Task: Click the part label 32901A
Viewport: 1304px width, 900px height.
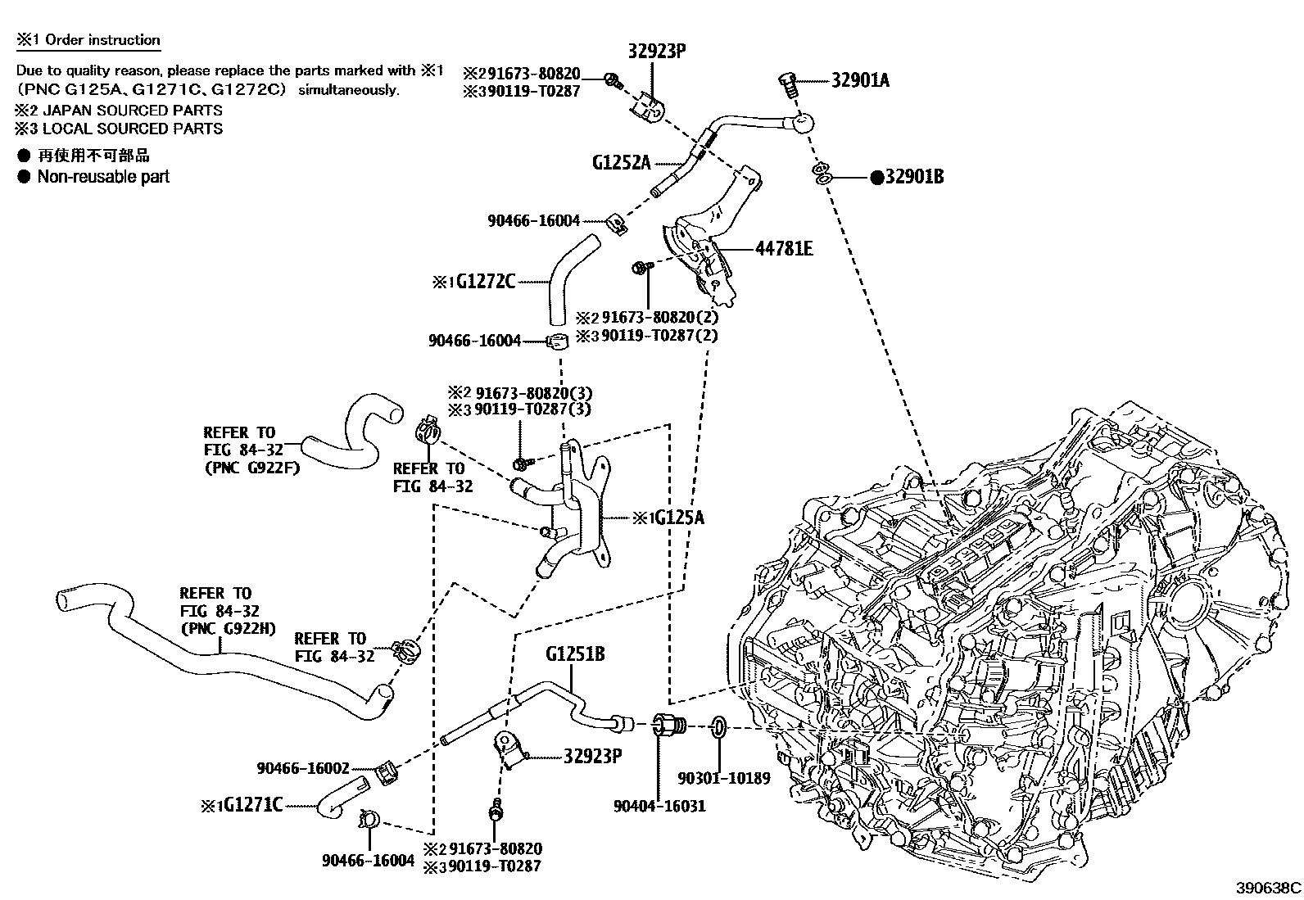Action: tap(860, 80)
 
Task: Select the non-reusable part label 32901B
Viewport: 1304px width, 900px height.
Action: tap(913, 177)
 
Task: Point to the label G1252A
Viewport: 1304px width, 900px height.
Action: tap(621, 162)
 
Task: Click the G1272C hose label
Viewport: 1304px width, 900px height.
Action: tap(485, 282)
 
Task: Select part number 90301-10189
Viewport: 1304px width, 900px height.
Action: tap(724, 778)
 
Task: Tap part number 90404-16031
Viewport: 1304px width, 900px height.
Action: tap(659, 806)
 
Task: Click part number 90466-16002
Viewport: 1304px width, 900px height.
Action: tap(303, 768)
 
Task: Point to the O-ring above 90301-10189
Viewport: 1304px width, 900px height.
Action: tap(718, 726)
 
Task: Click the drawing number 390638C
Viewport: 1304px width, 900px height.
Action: tap(1269, 887)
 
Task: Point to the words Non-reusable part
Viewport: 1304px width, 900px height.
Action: tap(103, 177)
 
